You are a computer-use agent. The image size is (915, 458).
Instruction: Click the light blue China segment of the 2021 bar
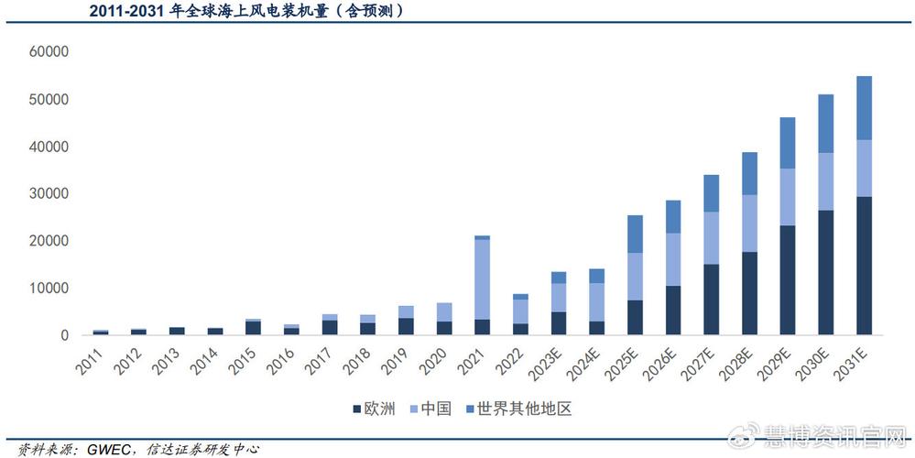[x=481, y=279]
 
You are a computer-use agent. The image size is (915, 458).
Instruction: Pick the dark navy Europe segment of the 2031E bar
[x=864, y=266]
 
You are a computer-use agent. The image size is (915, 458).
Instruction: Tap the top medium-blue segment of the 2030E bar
[x=825, y=124]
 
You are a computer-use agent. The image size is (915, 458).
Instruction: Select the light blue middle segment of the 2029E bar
[x=787, y=197]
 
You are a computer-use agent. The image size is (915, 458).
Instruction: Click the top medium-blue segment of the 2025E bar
[x=634, y=234]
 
